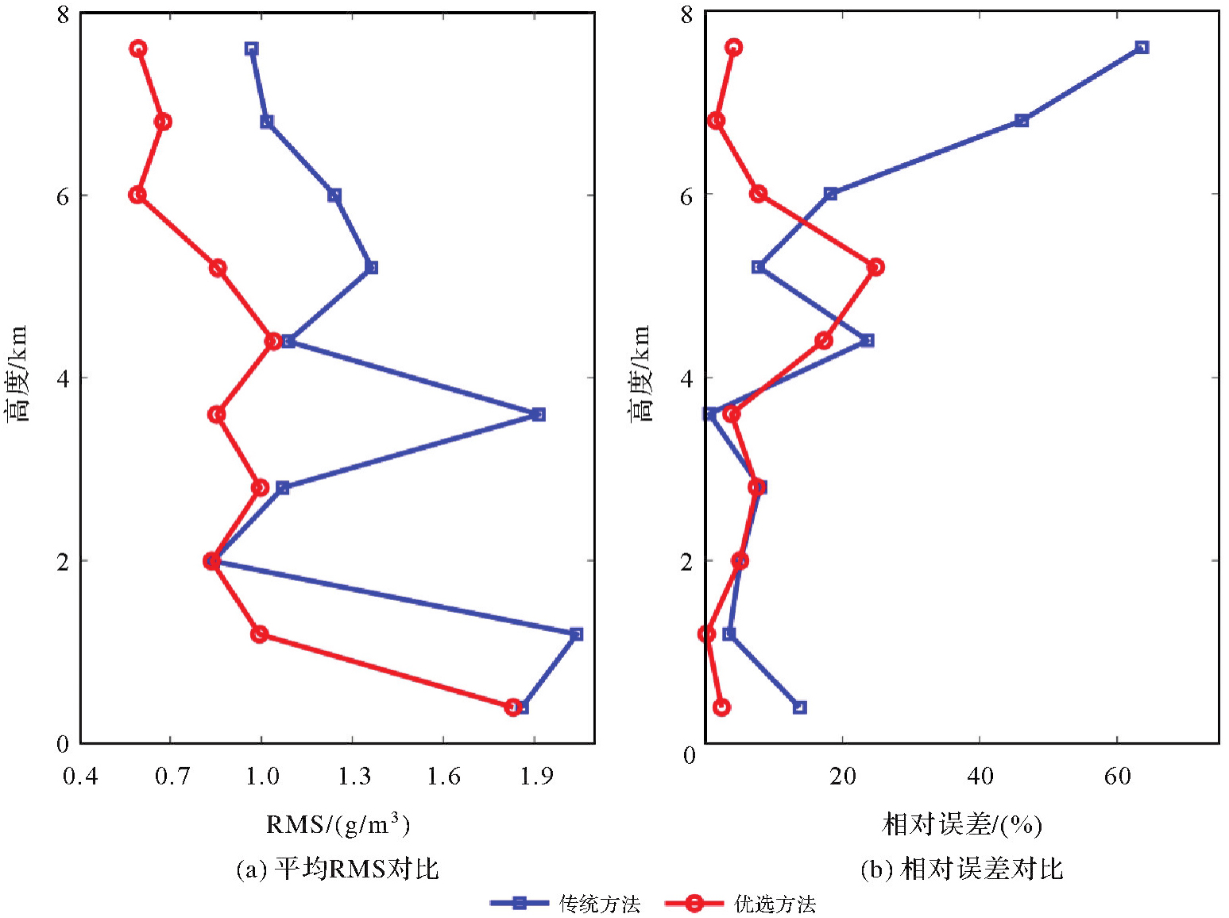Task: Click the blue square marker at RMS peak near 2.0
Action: [576, 634]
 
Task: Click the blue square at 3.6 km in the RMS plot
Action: [539, 414]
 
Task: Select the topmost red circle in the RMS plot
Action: [138, 48]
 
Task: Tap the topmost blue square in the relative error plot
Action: [1142, 48]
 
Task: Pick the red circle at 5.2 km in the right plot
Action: [875, 267]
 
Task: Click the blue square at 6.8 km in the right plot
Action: [1022, 121]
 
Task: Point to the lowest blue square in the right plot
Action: [799, 707]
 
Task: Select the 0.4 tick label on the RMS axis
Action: [80, 777]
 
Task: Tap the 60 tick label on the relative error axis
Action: [1117, 777]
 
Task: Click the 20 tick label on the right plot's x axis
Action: [842, 777]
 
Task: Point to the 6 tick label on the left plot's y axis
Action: [63, 196]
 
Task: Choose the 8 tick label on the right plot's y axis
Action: [687, 15]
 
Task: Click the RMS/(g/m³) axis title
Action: [338, 824]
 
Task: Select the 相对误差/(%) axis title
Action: [961, 824]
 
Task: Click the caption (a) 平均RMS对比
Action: [338, 869]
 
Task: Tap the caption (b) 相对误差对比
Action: [961, 869]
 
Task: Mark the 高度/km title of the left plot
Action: [17, 374]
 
